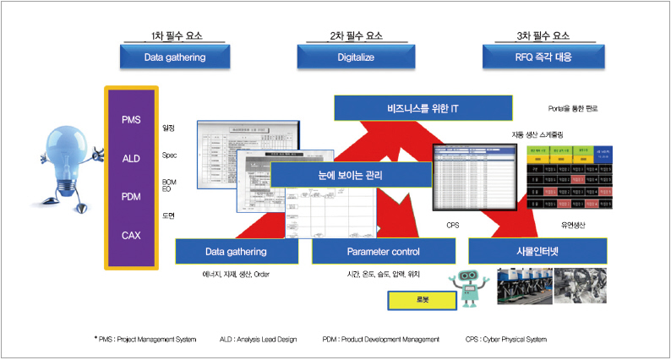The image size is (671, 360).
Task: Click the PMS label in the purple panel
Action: [x=131, y=120]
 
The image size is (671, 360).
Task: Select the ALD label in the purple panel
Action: [x=131, y=158]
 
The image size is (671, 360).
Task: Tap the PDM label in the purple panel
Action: [x=131, y=196]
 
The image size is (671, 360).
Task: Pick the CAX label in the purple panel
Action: [x=131, y=235]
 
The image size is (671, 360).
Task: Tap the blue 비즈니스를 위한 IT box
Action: [x=423, y=108]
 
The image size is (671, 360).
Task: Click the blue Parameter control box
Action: [x=383, y=252]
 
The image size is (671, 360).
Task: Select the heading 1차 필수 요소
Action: [x=175, y=35]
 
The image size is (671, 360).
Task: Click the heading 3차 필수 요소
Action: [x=542, y=35]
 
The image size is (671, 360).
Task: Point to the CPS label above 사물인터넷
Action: [x=453, y=225]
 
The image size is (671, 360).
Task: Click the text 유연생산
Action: [x=573, y=225]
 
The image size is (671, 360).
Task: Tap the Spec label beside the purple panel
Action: [x=169, y=155]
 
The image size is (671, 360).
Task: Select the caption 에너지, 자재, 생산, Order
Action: [x=235, y=274]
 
